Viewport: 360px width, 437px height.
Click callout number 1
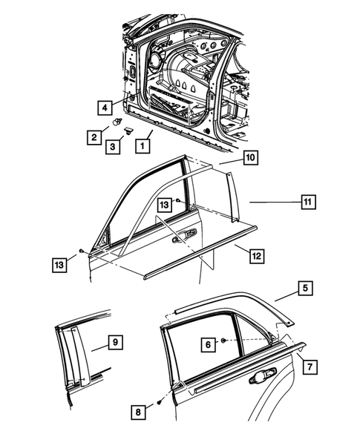[139, 146]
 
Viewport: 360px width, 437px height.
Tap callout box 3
[114, 147]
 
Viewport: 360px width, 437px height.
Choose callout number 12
[255, 256]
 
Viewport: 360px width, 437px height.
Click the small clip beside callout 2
[118, 120]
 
